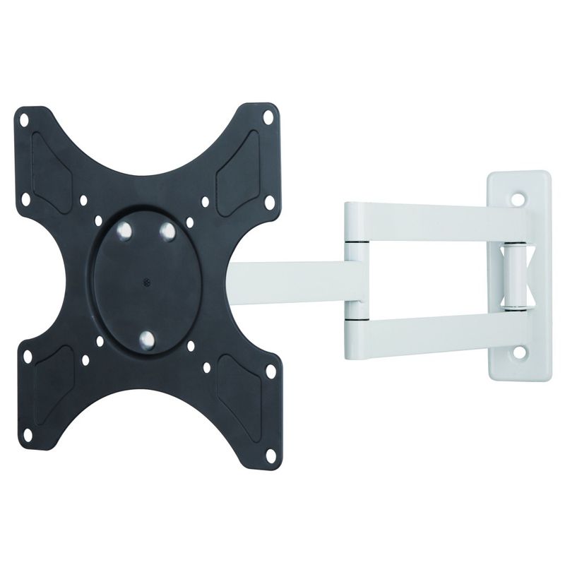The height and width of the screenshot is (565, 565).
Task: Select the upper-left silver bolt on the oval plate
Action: [125, 230]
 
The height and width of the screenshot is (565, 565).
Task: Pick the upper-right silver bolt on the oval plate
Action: [167, 231]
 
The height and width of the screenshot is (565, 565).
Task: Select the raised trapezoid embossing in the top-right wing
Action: [237, 173]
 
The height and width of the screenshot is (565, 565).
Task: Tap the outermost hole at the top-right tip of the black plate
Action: [268, 117]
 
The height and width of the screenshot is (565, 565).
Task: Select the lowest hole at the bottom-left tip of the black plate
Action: [27, 434]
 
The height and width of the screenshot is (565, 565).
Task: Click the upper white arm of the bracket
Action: [431, 221]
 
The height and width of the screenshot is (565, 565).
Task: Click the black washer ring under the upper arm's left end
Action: [357, 243]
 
